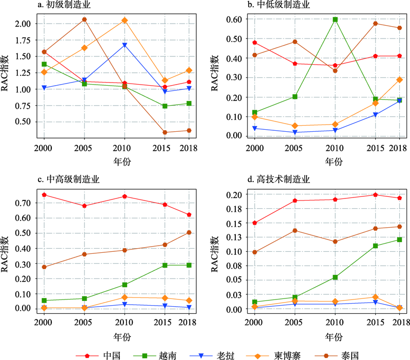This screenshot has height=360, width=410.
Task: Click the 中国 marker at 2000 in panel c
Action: click(x=44, y=195)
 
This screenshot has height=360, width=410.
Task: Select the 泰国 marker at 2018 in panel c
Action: click(x=189, y=232)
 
